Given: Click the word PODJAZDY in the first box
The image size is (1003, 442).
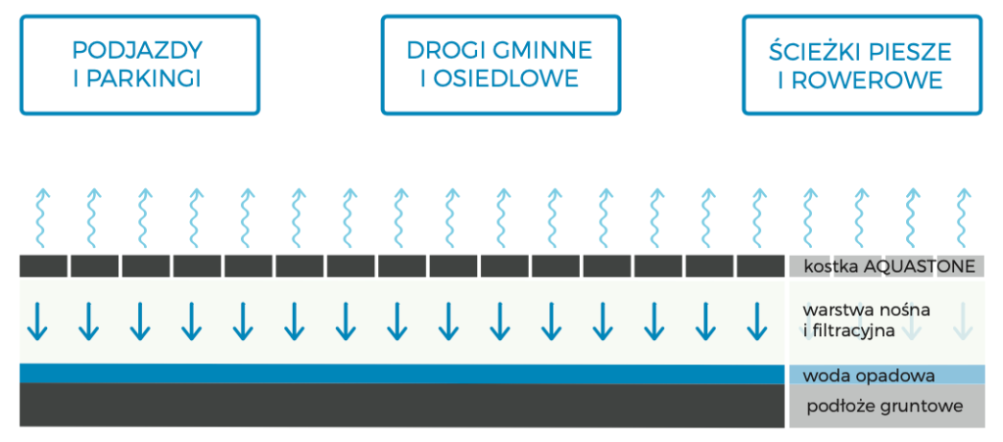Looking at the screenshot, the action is click(137, 50).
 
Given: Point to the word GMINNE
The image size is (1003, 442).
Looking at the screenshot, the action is click(540, 50).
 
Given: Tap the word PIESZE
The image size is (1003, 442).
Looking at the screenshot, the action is click(907, 50).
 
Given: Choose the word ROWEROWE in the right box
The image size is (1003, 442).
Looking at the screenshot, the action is click(868, 79).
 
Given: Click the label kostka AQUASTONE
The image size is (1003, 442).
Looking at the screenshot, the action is click(889, 267).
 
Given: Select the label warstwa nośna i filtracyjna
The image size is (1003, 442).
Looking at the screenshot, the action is click(856, 321).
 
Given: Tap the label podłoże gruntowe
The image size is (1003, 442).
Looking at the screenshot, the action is click(884, 407).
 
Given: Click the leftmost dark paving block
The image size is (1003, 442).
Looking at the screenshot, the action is click(43, 267).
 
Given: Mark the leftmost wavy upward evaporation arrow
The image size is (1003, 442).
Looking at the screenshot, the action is click(42, 219).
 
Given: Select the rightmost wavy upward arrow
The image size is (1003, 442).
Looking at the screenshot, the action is click(963, 219).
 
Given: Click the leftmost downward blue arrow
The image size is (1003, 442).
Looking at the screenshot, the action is click(37, 321).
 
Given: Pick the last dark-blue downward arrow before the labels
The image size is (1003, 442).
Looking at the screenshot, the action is click(757, 321).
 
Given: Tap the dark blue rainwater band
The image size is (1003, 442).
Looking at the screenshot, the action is click(402, 373).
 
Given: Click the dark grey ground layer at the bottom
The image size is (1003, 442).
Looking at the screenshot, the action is click(402, 406).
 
